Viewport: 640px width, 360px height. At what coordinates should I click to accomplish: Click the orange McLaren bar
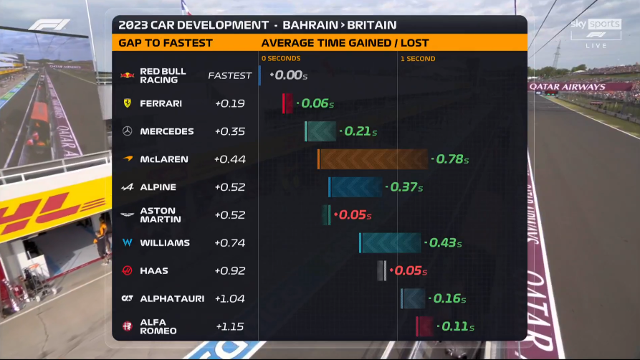pyautogui.click(x=373, y=159)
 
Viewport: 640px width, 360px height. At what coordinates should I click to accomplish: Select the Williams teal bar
pyautogui.click(x=390, y=242)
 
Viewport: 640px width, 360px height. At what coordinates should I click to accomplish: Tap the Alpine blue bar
pyautogui.click(x=355, y=187)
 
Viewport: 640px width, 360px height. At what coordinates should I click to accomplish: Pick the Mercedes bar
pyautogui.click(x=320, y=131)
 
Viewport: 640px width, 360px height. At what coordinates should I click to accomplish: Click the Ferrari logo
pyautogui.click(x=128, y=103)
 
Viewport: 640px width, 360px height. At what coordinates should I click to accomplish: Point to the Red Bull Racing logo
pyautogui.click(x=128, y=75)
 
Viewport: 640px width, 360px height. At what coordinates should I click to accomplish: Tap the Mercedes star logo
pyautogui.click(x=128, y=131)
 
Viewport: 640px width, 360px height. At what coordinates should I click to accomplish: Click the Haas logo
pyautogui.click(x=128, y=270)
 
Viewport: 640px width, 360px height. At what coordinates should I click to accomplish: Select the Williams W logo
pyautogui.click(x=128, y=242)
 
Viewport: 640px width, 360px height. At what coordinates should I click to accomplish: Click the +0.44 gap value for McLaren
pyautogui.click(x=230, y=159)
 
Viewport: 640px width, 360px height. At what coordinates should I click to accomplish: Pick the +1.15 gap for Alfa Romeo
pyautogui.click(x=230, y=326)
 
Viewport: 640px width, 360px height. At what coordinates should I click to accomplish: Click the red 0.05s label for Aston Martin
pyautogui.click(x=353, y=215)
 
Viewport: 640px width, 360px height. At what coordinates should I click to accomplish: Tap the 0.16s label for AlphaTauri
pyautogui.click(x=448, y=299)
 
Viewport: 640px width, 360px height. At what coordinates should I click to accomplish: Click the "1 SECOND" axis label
pyautogui.click(x=418, y=59)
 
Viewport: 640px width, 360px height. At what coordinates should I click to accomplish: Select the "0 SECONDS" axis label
pyautogui.click(x=281, y=59)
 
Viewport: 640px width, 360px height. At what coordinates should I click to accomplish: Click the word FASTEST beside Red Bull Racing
pyautogui.click(x=230, y=75)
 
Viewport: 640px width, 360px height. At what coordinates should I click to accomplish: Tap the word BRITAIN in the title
pyautogui.click(x=372, y=25)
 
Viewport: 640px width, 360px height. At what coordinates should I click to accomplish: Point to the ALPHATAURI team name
pyautogui.click(x=172, y=299)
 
